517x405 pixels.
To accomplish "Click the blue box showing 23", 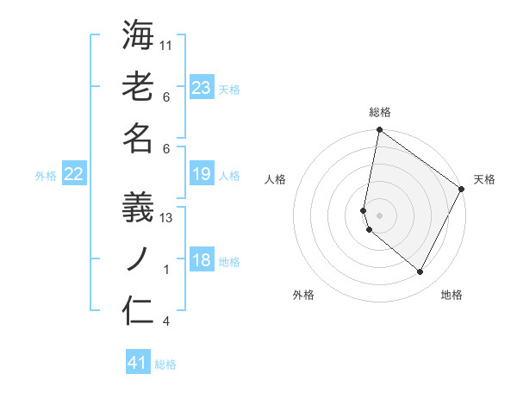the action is point(201,88).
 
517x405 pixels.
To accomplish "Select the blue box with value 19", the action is point(201,174).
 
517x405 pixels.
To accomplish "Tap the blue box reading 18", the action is point(201,260).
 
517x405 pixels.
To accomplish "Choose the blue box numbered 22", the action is point(74,174).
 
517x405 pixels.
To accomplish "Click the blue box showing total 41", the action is point(138,363).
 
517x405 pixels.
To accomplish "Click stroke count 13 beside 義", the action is point(167,218).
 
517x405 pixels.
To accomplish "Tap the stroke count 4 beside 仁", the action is point(166,321).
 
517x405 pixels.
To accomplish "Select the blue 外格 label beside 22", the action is point(46,175).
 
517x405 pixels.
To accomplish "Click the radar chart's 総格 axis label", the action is point(379,113).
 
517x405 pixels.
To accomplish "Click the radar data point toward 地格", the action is point(420,272).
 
